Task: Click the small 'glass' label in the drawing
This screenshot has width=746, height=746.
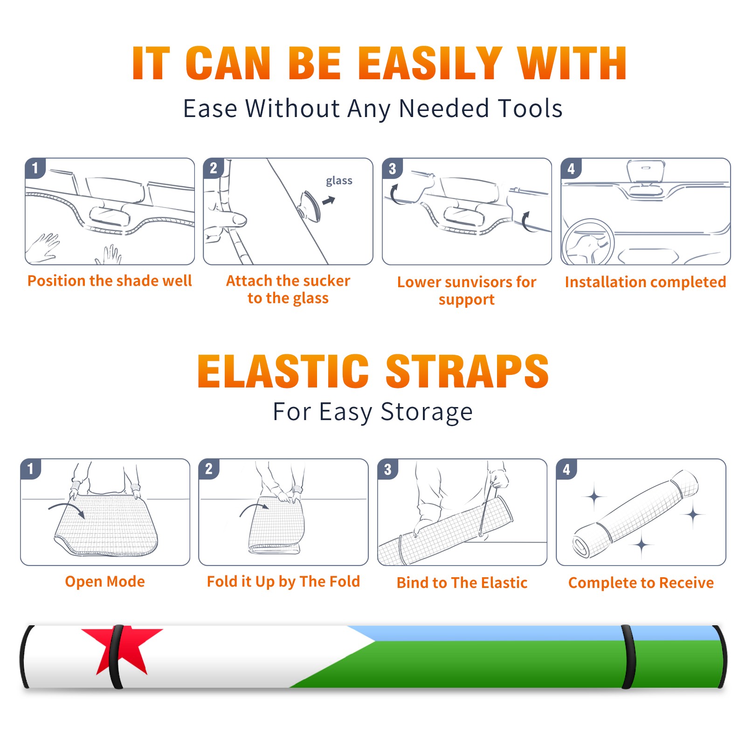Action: (339, 181)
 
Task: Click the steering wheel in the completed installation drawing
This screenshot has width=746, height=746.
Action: (588, 242)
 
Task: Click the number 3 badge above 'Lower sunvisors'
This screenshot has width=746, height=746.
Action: (393, 168)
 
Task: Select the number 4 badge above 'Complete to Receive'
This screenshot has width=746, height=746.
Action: (566, 469)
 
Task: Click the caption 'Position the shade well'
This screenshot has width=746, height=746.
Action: (110, 281)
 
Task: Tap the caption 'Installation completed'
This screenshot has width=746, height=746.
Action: (645, 282)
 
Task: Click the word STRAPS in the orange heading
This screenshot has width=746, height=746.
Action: (467, 371)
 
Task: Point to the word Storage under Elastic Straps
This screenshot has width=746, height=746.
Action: (427, 412)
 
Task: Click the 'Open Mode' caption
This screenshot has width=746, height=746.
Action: (105, 581)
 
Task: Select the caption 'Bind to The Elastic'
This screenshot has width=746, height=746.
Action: (462, 583)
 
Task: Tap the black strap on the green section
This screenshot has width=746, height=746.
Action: (629, 656)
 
